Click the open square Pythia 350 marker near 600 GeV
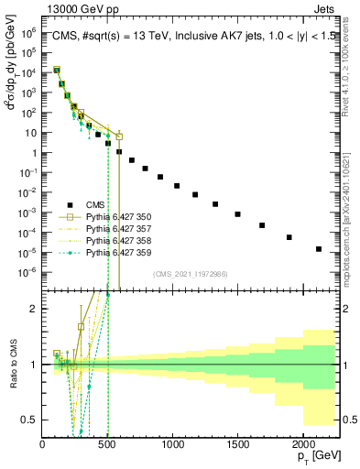(119, 136)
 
